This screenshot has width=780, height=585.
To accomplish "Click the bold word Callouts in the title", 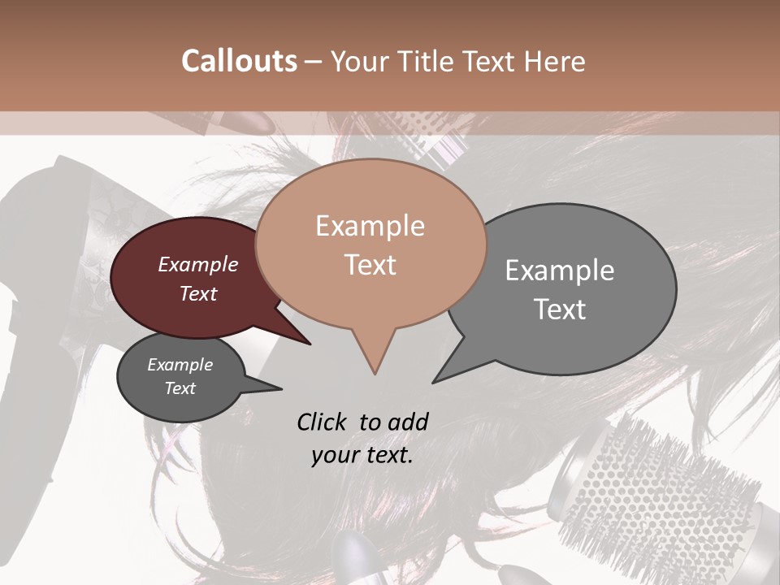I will pyautogui.click(x=239, y=61).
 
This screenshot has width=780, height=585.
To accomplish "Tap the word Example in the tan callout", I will pyautogui.click(x=370, y=226).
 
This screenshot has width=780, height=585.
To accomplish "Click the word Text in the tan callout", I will pyautogui.click(x=370, y=264).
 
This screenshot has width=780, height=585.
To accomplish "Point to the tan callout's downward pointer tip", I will pyautogui.click(x=375, y=373).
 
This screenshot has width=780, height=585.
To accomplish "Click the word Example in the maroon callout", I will pyautogui.click(x=198, y=264).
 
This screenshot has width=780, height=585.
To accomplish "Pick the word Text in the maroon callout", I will pyautogui.click(x=198, y=293).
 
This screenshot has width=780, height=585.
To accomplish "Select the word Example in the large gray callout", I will pyautogui.click(x=560, y=271).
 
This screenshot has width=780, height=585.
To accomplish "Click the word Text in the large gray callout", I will pyautogui.click(x=560, y=309).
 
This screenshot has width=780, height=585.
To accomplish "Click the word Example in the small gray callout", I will pyautogui.click(x=180, y=365).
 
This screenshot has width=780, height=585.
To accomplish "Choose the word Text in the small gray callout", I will pyautogui.click(x=180, y=388).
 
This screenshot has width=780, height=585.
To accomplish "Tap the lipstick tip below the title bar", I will pyautogui.click(x=264, y=124).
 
